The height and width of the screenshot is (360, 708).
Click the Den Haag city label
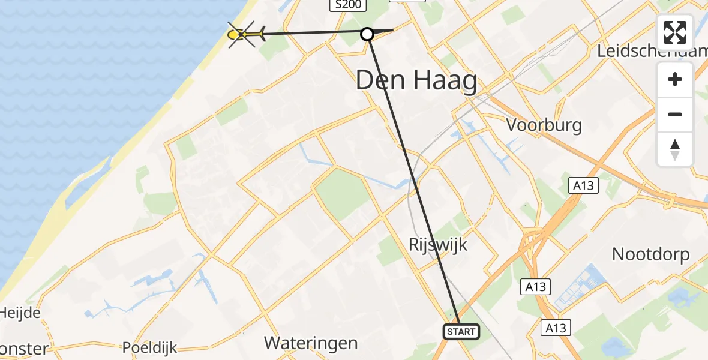tap(416, 80)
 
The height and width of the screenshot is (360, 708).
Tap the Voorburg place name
tap(544, 125)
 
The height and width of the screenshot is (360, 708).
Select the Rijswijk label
tap(437, 244)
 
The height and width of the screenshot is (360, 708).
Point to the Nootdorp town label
tap(650, 254)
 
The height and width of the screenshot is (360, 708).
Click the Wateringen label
tap(311, 343)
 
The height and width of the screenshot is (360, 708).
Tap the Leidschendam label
tap(652, 51)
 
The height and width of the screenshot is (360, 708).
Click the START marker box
tap(461, 331)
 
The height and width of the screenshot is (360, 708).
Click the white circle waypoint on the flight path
tap(367, 34)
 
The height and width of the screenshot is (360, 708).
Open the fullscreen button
tap(675, 32)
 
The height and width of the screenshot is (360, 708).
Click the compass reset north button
tap(675, 149)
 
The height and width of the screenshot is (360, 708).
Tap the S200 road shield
tap(348, 5)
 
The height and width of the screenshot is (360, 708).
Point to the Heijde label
tap(20, 313)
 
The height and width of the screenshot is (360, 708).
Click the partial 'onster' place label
tap(24, 349)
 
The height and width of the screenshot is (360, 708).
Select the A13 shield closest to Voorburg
tap(583, 185)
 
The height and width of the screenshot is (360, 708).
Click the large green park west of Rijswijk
tap(342, 193)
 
